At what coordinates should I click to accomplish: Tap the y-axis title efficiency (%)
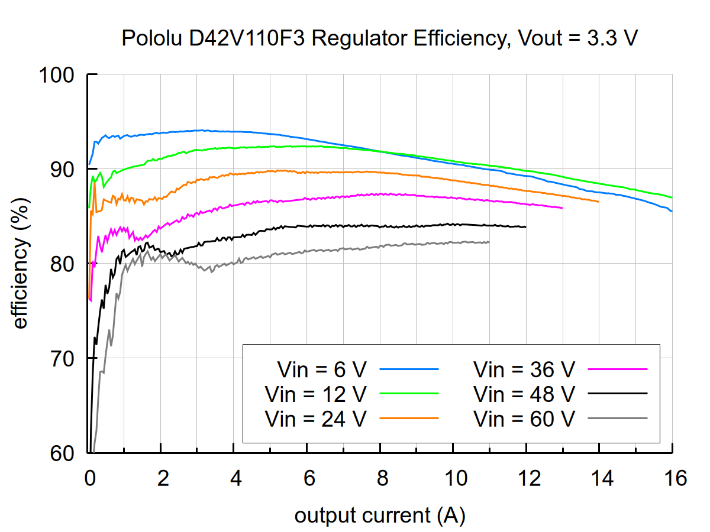[x=20, y=263]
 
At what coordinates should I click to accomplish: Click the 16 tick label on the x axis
[x=672, y=478]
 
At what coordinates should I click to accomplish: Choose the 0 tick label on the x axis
[x=88, y=478]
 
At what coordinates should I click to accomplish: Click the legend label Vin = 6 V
[x=322, y=369]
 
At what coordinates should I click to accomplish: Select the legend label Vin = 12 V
[x=316, y=393]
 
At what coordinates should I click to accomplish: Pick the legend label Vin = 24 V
[x=316, y=418]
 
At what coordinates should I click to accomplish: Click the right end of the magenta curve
[x=562, y=208]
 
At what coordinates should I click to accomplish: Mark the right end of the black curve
[x=525, y=227]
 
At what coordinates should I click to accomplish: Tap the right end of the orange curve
[x=599, y=202]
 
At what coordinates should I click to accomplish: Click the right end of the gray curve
[x=489, y=242]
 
